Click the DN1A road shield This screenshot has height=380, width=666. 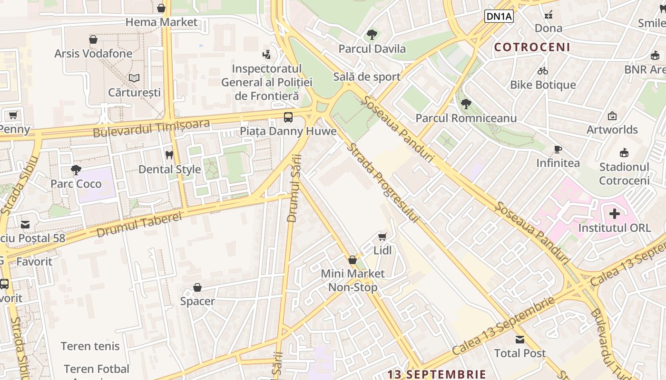499,17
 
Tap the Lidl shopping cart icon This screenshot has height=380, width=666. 382,236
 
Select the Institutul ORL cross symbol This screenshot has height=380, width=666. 614,214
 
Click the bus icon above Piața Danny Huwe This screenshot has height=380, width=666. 288,117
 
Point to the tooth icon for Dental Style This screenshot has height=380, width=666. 169,155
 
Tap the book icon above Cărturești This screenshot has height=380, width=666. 134,78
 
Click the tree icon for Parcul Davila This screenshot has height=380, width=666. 372,35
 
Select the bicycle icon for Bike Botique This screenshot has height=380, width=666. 543,71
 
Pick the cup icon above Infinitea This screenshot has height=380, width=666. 558,149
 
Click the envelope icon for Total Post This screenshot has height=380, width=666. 519,339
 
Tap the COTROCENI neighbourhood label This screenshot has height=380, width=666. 532,47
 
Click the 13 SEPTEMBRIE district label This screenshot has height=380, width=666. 437,374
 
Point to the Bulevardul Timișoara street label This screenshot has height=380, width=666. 151,128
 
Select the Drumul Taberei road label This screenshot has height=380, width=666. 139,224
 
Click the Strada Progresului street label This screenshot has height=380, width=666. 383,183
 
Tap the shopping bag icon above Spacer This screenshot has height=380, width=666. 197,287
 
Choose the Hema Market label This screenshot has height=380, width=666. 161,22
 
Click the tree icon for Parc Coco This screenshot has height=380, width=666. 76,170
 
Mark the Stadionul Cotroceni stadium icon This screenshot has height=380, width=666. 624,153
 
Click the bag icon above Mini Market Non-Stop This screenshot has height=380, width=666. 353,260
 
